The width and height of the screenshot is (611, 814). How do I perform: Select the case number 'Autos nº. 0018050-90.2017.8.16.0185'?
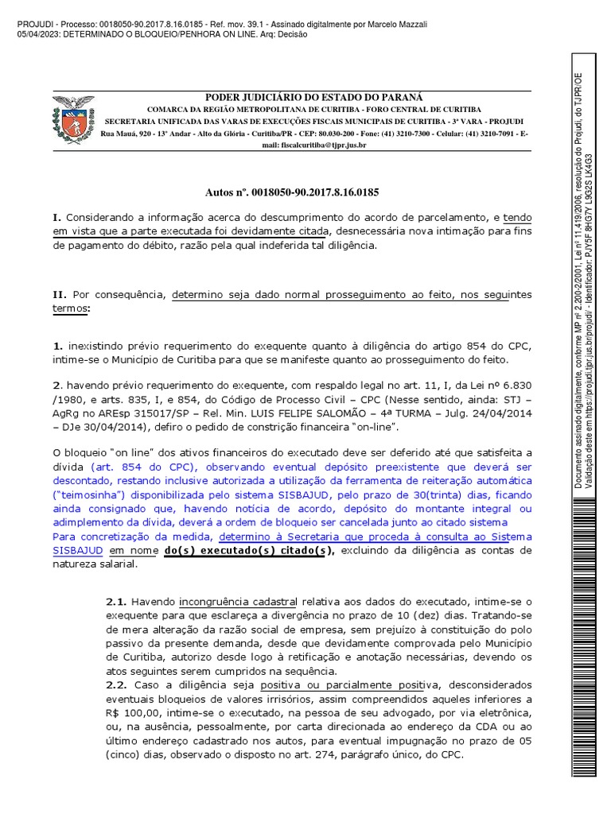292,192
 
